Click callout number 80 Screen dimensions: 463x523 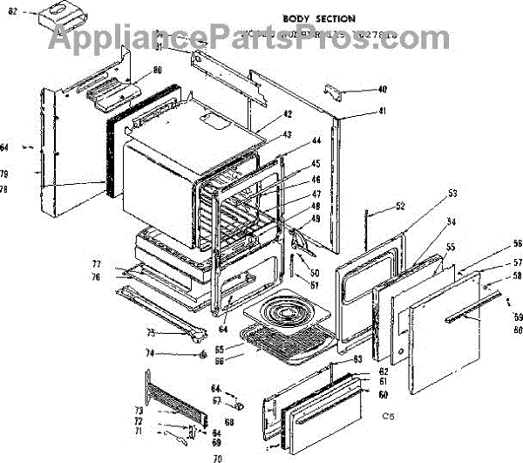click(157, 70)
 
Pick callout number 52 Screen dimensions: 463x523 click(400, 207)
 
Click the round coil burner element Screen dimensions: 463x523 click(283, 316)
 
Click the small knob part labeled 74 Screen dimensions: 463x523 click(202, 354)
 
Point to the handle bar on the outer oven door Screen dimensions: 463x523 click(475, 309)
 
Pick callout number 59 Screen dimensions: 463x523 click(517, 317)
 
